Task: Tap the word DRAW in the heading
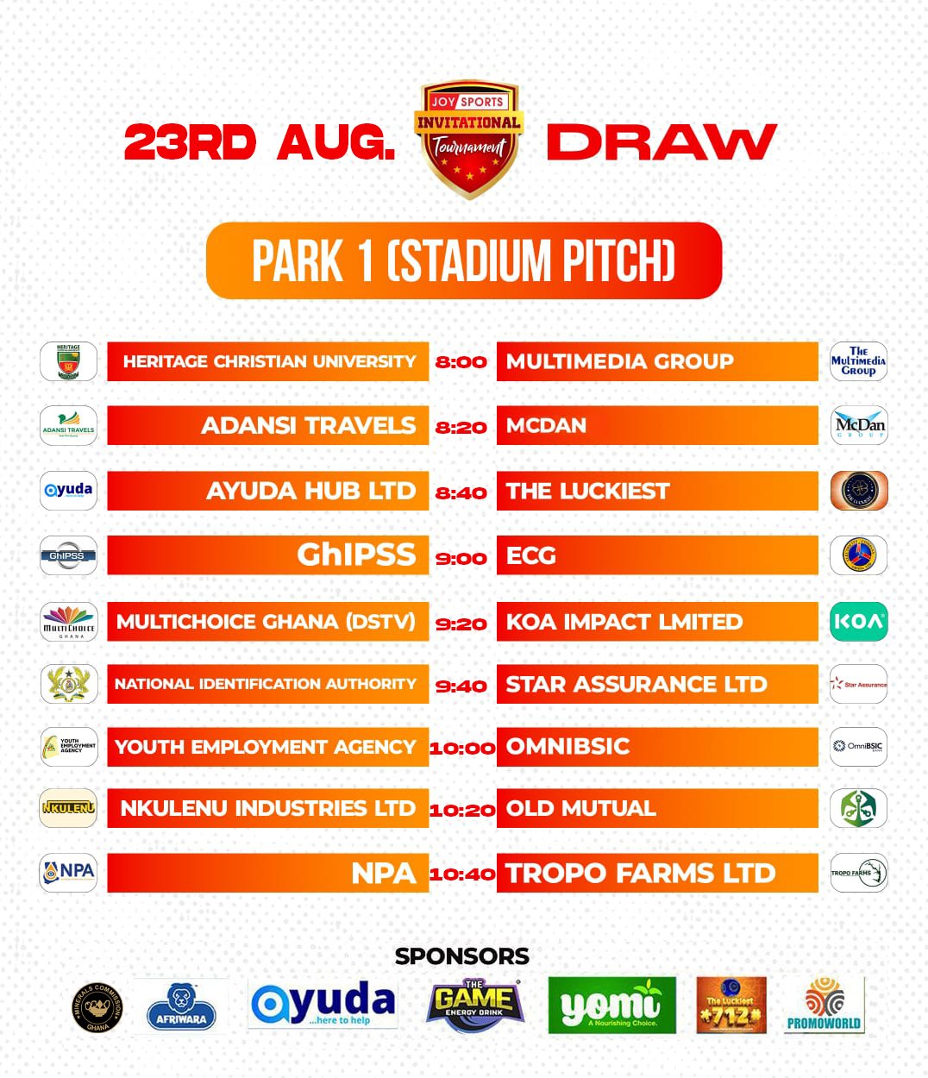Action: [x=662, y=142]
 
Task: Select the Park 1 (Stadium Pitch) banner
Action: [x=463, y=260]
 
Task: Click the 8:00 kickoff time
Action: [x=461, y=362]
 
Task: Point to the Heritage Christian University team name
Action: [x=269, y=361]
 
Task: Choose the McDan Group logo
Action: [x=859, y=425]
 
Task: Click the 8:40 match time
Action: [x=461, y=493]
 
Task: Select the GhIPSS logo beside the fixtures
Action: [x=68, y=555]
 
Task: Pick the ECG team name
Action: [x=531, y=555]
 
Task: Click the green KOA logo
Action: [x=858, y=622]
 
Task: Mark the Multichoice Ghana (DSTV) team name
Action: [x=266, y=622]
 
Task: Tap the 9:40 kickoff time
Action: [x=461, y=686]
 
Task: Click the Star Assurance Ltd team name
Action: [x=636, y=685]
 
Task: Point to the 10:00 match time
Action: [x=462, y=748]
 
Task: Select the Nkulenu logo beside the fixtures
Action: [x=68, y=808]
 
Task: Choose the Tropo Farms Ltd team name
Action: [x=640, y=873]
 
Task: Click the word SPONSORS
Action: [x=462, y=956]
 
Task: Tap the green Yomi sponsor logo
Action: [x=611, y=1005]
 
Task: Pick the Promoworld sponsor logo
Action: [x=824, y=1005]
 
